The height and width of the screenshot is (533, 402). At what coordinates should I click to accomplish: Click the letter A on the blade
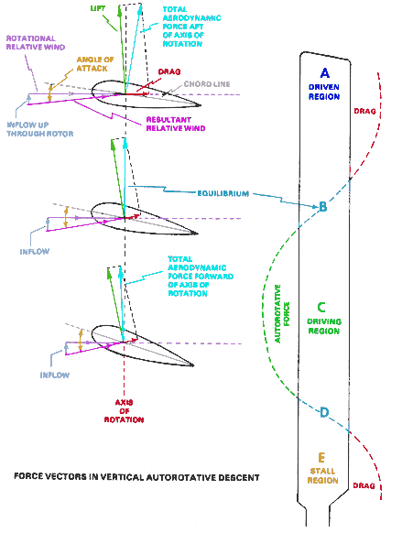pyautogui.click(x=325, y=73)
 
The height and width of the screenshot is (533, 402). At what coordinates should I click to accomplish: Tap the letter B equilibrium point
pyautogui.click(x=322, y=206)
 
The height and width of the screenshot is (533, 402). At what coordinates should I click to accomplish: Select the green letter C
pyautogui.click(x=321, y=307)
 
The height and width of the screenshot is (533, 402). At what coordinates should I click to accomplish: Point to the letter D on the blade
pyautogui.click(x=324, y=412)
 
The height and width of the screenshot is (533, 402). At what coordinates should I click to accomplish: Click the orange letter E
pyautogui.click(x=321, y=458)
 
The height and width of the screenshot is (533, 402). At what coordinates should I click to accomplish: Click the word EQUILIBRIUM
pyautogui.click(x=223, y=193)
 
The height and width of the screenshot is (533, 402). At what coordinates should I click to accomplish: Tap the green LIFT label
pyautogui.click(x=98, y=8)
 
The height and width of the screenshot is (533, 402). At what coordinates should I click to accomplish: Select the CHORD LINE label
pyautogui.click(x=207, y=84)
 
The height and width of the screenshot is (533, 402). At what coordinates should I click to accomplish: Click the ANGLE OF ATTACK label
pyautogui.click(x=95, y=64)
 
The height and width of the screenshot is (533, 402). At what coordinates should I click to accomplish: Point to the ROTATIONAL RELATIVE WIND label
pyautogui.click(x=36, y=43)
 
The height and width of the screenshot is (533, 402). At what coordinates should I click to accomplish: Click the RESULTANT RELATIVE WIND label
pyautogui.click(x=176, y=124)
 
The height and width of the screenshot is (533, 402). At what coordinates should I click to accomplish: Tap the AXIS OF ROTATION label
pyautogui.click(x=124, y=411)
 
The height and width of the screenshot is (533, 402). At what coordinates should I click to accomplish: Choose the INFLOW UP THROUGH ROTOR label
pyautogui.click(x=40, y=129)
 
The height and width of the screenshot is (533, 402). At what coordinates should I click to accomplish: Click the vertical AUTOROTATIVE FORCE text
pyautogui.click(x=282, y=313)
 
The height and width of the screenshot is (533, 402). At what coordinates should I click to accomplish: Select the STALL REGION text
pyautogui.click(x=323, y=475)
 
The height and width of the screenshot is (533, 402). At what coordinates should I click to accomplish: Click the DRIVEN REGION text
pyautogui.click(x=324, y=92)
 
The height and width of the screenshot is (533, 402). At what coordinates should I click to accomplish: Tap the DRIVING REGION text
pyautogui.click(x=324, y=326)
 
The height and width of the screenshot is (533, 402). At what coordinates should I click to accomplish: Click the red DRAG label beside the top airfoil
pyautogui.click(x=169, y=72)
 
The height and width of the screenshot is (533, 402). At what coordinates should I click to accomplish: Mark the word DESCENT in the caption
pyautogui.click(x=239, y=477)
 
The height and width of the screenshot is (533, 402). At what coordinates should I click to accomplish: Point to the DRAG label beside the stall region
pyautogui.click(x=364, y=485)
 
